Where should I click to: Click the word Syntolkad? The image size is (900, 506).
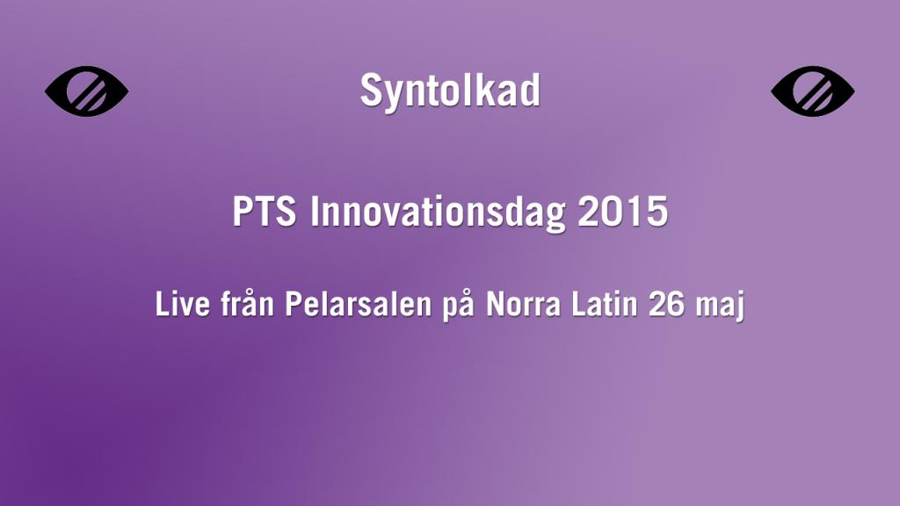tap(450, 91)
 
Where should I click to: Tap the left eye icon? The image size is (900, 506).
tap(86, 91)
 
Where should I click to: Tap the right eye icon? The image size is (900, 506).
tap(813, 91)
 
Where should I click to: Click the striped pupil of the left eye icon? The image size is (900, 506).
tap(87, 91)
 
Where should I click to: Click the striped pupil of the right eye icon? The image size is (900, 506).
tap(813, 91)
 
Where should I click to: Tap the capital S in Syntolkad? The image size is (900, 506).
tap(371, 91)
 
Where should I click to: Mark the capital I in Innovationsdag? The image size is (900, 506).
tap(315, 213)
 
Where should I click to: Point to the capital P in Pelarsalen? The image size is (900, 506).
tap(291, 306)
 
